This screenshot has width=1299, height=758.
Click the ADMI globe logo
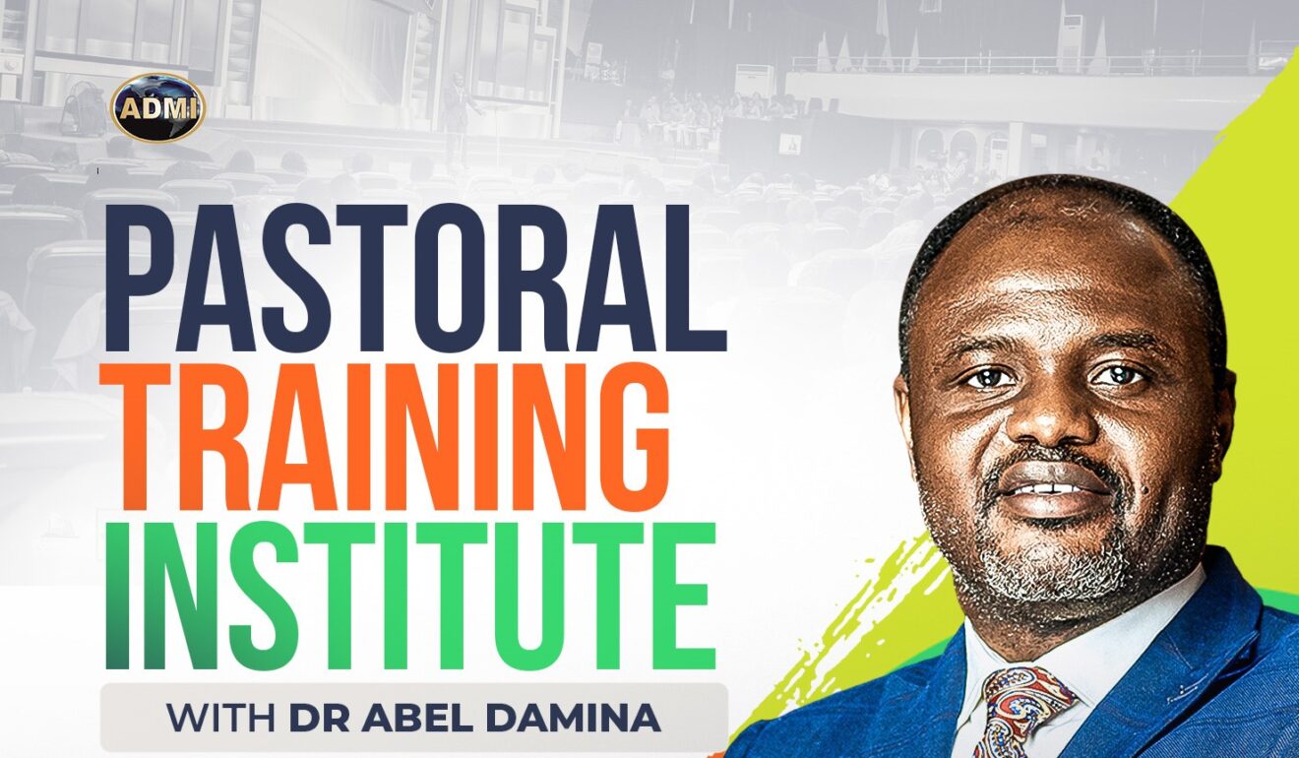[157, 107]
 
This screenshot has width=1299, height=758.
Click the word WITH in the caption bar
[222, 718]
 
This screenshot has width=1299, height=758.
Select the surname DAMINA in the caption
[577, 718]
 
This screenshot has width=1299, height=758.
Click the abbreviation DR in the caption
[318, 718]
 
